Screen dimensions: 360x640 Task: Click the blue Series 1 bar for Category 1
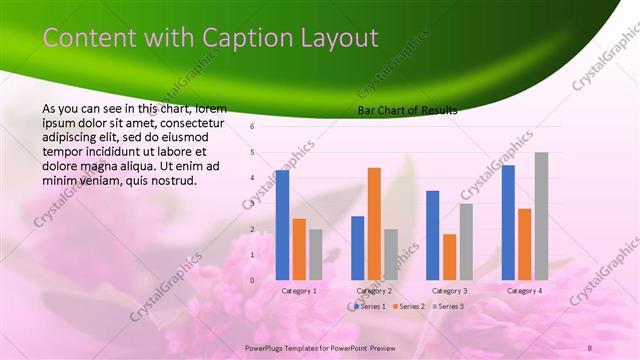click(x=282, y=225)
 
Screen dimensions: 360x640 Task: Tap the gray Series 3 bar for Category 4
click(x=541, y=216)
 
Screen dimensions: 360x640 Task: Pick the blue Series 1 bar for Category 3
click(x=433, y=235)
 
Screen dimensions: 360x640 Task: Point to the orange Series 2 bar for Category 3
click(x=449, y=257)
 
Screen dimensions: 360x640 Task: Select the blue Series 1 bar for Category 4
click(x=508, y=222)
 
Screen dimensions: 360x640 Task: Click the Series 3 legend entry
click(x=448, y=306)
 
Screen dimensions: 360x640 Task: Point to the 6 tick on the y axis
click(x=253, y=127)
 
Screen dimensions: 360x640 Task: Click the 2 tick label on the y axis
click(x=253, y=229)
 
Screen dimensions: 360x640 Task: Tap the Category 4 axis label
click(x=524, y=291)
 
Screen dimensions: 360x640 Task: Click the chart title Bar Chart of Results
click(x=407, y=111)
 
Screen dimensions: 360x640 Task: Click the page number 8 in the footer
click(x=590, y=347)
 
